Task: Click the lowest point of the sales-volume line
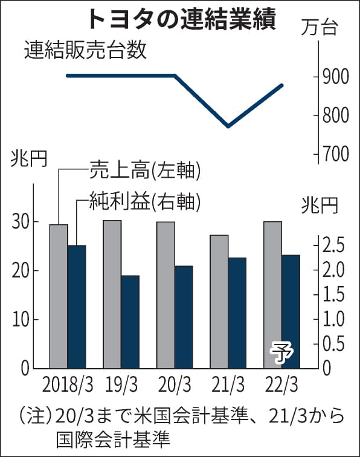coord(228,126)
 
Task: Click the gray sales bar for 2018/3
coord(59,296)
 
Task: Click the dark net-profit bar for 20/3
coord(184,317)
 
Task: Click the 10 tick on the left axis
coord(21,319)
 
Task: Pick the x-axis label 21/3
coord(228,385)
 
